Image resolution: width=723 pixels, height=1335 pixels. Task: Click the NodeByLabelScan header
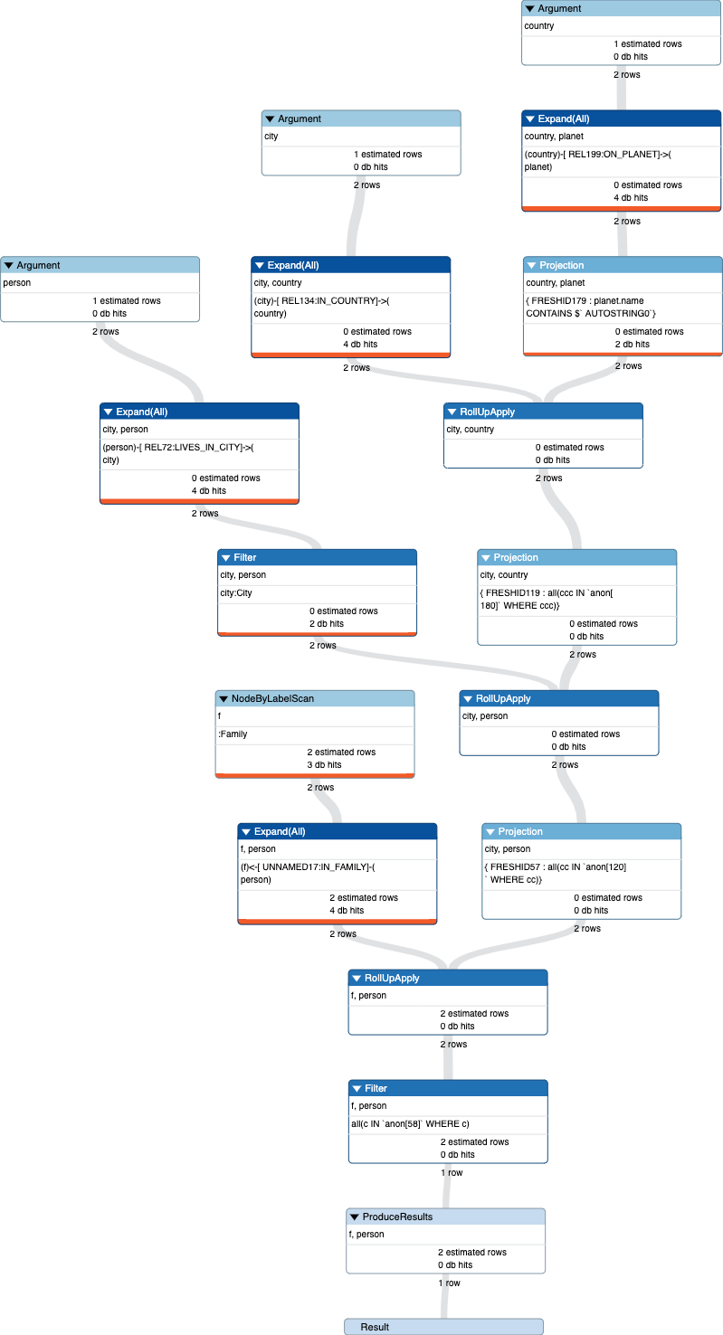point(314,698)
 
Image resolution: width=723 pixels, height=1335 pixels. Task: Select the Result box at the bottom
point(443,1326)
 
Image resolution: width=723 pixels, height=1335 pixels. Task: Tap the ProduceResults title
point(397,1217)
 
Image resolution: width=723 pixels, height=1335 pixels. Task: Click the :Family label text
point(233,734)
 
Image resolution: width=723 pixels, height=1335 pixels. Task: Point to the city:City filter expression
point(236,592)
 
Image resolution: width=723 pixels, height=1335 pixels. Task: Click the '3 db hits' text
point(322,765)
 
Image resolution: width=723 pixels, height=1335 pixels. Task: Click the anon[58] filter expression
point(410,1123)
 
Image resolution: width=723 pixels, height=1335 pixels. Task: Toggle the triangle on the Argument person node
point(8,265)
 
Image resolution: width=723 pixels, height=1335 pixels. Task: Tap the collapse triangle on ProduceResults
point(355,1217)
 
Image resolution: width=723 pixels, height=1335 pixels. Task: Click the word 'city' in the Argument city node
point(271,137)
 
